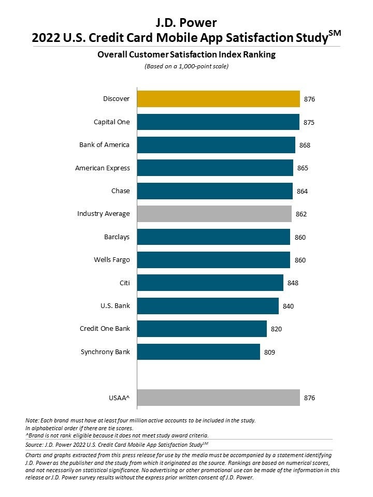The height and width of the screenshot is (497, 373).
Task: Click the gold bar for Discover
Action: [x=218, y=99]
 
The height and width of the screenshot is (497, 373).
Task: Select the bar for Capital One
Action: [x=218, y=122]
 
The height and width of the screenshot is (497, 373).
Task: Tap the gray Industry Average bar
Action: [x=214, y=213]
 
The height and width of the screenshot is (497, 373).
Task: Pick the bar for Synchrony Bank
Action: [x=198, y=352]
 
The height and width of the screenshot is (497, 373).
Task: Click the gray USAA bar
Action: [x=218, y=398]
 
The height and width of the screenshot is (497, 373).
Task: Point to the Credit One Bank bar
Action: [x=202, y=329]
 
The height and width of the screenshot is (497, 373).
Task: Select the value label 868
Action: [x=305, y=145]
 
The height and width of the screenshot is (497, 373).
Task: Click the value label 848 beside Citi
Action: [x=293, y=283]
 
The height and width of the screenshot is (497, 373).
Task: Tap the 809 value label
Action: [x=269, y=353]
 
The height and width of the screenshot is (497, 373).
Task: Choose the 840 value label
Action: [x=288, y=306]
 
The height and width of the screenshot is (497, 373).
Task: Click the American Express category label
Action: [x=103, y=168]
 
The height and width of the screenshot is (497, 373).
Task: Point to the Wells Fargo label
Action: [x=112, y=259]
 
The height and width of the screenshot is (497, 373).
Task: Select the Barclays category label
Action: [x=117, y=237]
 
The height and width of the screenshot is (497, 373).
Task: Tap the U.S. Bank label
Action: [x=115, y=305]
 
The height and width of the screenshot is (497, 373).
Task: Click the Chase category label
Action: [x=121, y=191]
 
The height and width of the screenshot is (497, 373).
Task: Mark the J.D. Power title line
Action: [x=186, y=22]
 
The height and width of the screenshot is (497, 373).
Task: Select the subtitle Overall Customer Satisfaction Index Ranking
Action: [x=186, y=54]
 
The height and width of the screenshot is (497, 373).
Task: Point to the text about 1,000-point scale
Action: [x=186, y=66]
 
